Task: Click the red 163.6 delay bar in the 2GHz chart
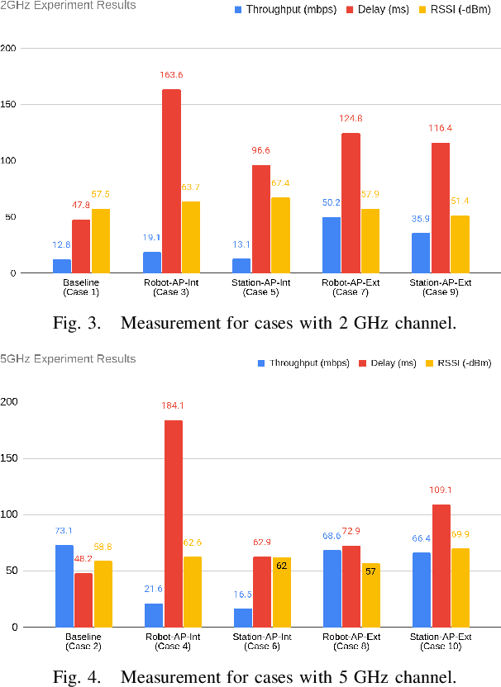(x=171, y=181)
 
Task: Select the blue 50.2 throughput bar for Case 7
(x=331, y=244)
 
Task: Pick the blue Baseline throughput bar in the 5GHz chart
(x=64, y=585)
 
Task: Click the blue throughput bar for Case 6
(x=241, y=617)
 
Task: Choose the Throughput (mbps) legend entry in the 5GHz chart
(x=296, y=363)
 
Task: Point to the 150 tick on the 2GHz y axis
(x=8, y=105)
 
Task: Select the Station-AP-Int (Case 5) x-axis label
(x=260, y=287)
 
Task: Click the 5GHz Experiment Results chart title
(x=68, y=359)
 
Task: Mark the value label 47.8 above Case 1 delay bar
(x=82, y=205)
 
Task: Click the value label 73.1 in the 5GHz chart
(x=64, y=531)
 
